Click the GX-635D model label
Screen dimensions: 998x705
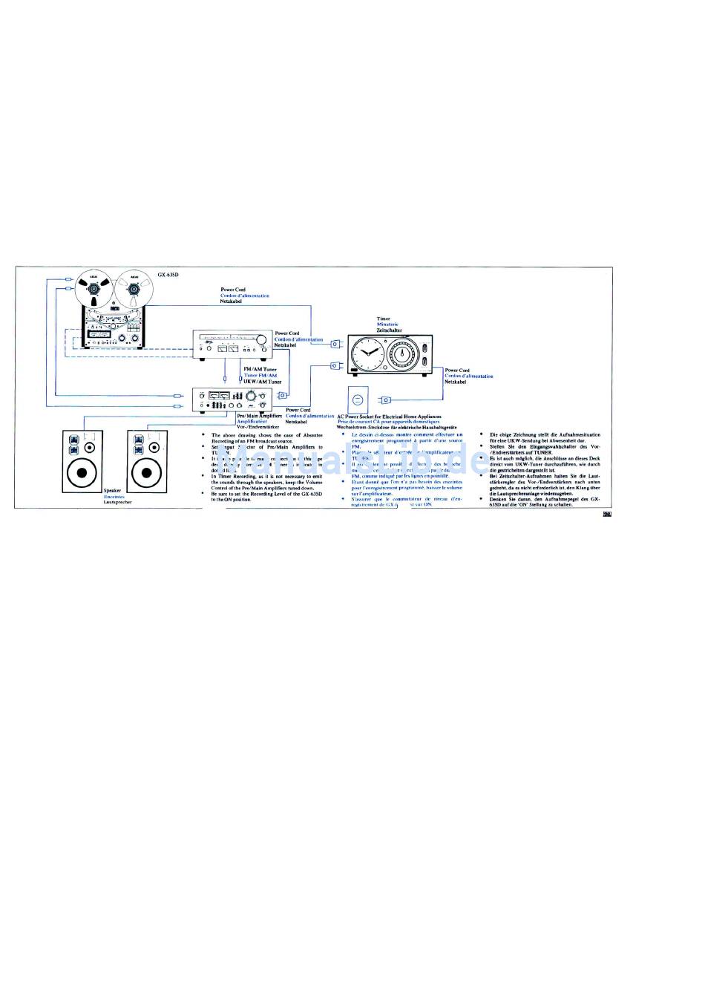click(x=168, y=274)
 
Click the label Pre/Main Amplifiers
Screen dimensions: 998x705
click(x=259, y=416)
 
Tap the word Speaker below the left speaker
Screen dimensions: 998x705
click(x=112, y=491)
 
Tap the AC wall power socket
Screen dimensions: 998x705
click(x=357, y=400)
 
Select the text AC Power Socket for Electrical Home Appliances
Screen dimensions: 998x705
click(x=389, y=417)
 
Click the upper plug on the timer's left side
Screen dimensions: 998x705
click(x=335, y=344)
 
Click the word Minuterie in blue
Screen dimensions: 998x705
click(x=387, y=324)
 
